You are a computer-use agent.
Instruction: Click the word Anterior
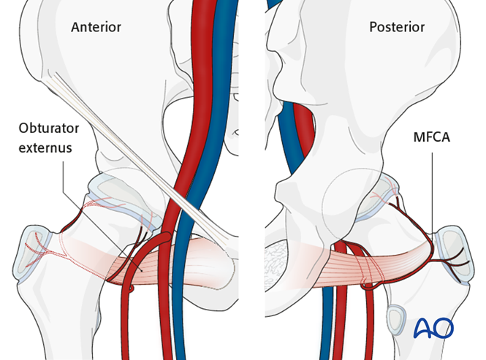[96, 28]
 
